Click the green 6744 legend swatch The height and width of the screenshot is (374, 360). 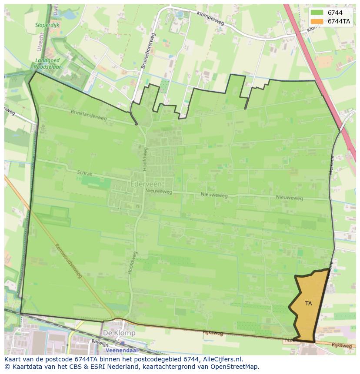(316, 13)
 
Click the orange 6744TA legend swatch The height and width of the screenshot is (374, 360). (316, 21)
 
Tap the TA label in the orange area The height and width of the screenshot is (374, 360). (308, 304)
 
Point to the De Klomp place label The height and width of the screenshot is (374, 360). (119, 333)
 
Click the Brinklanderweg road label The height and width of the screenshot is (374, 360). (89, 115)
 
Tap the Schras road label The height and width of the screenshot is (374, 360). (84, 173)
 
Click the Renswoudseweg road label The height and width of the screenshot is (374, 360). (68, 260)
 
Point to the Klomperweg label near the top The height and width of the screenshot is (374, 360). (210, 19)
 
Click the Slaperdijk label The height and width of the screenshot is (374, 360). (47, 25)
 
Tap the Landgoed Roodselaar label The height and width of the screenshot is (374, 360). (48, 64)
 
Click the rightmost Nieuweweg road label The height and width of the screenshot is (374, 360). (289, 198)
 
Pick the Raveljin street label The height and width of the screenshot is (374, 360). (99, 343)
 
